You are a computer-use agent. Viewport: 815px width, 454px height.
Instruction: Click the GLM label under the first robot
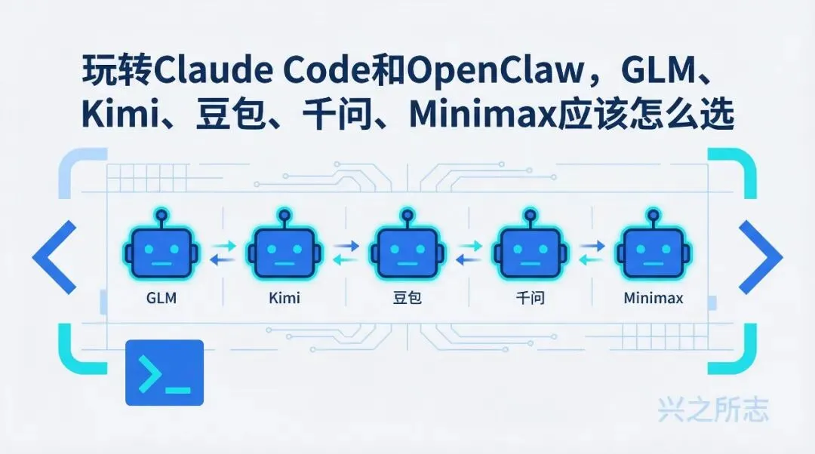[161, 298]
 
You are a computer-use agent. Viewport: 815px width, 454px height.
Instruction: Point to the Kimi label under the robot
[284, 298]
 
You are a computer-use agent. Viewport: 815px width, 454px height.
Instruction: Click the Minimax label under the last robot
[654, 298]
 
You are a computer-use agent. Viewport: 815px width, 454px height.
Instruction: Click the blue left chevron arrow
[54, 257]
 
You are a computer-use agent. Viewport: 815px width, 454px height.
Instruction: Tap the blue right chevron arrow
[760, 257]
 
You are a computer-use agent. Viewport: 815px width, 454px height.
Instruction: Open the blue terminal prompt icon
[164, 373]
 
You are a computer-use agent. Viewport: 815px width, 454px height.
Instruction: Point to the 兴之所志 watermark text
[713, 410]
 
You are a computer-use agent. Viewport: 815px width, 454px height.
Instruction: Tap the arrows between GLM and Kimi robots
[223, 252]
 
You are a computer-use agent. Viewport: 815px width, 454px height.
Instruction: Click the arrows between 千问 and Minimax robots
[591, 252]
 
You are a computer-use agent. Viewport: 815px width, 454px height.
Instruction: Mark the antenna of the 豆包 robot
[407, 216]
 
